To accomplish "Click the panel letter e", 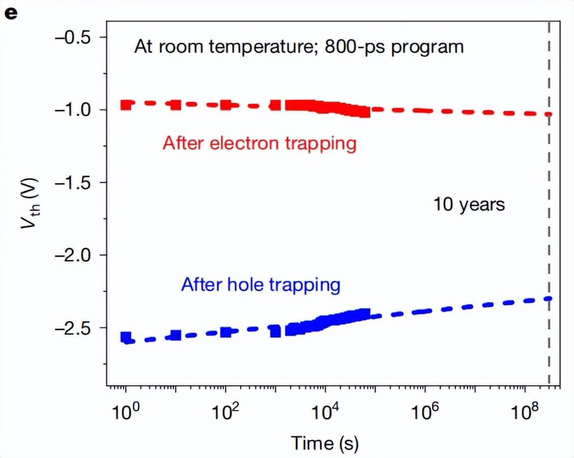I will click(x=11, y=13).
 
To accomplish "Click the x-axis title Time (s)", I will click(x=325, y=443).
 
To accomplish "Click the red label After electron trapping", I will click(x=259, y=144).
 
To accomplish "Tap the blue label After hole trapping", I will click(x=260, y=284).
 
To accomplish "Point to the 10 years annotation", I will click(x=469, y=205).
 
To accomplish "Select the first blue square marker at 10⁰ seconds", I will click(x=126, y=336).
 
